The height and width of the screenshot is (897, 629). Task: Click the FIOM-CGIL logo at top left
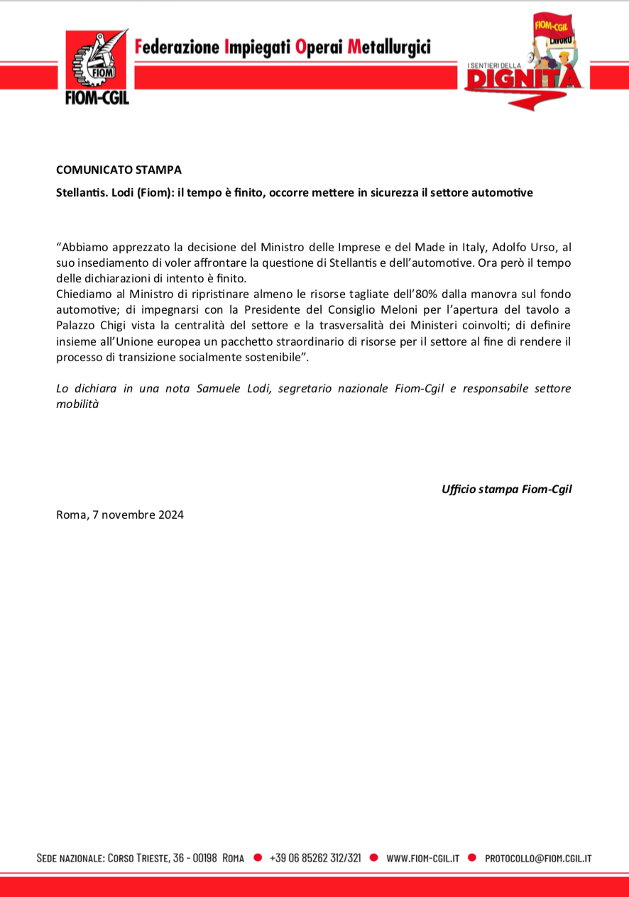click(97, 68)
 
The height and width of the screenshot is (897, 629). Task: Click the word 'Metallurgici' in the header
click(388, 48)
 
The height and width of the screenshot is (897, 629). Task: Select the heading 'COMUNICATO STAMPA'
click(119, 170)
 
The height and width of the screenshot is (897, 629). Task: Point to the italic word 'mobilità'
click(77, 404)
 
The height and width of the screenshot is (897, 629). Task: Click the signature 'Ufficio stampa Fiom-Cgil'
click(506, 489)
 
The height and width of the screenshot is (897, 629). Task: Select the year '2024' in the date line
click(169, 514)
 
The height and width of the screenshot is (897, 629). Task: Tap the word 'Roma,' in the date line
click(72, 514)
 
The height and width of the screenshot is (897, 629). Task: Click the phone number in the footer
click(315, 858)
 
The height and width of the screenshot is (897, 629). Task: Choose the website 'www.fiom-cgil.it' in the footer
click(422, 858)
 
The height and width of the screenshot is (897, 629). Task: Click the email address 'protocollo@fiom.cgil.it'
click(538, 858)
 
